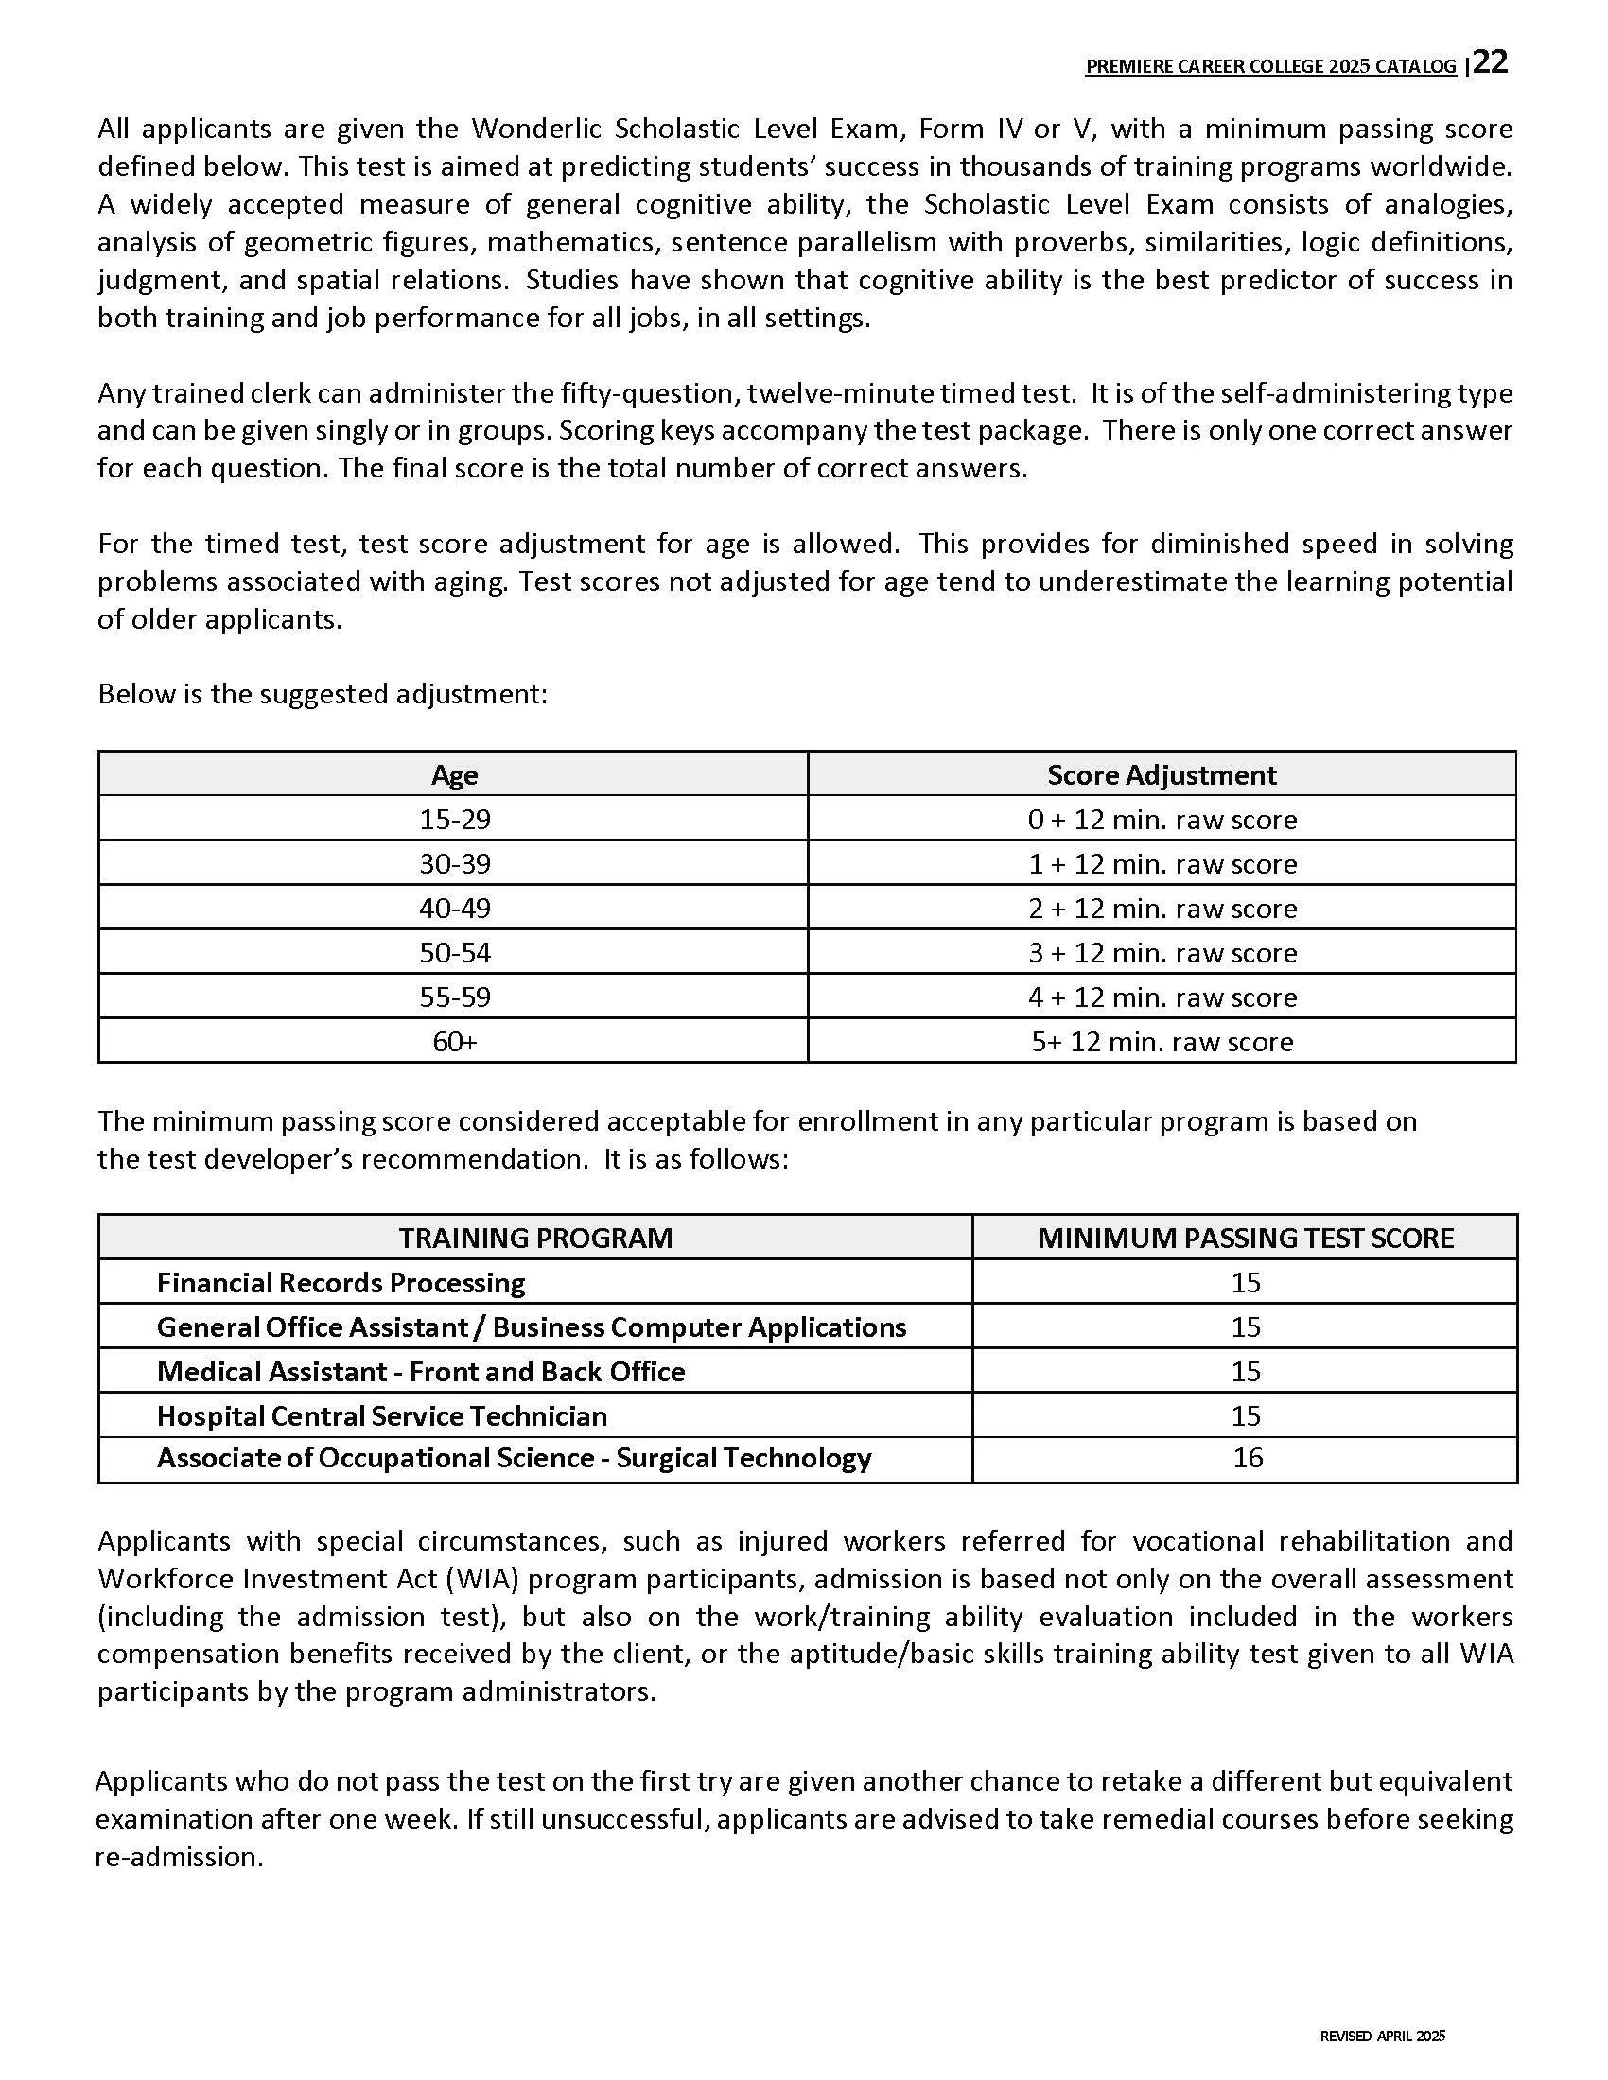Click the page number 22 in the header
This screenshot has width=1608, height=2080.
(x=1492, y=62)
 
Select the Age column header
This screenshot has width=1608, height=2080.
(x=454, y=775)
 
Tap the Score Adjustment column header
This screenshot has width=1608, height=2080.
(x=1162, y=775)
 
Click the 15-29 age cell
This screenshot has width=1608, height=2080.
(x=454, y=820)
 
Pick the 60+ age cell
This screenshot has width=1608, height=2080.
(x=454, y=1042)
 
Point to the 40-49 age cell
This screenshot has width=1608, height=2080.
(x=454, y=909)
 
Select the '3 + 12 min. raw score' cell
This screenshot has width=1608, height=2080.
(x=1162, y=953)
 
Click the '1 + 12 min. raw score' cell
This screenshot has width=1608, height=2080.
(x=1162, y=865)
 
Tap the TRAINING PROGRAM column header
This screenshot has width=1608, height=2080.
(x=535, y=1239)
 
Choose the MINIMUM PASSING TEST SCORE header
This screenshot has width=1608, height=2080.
(x=1245, y=1239)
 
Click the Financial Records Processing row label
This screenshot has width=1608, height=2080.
(x=341, y=1283)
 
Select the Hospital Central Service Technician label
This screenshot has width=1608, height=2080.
(x=382, y=1416)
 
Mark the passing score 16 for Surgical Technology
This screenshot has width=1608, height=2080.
(x=1247, y=1458)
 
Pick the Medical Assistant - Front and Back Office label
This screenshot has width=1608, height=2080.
(x=421, y=1372)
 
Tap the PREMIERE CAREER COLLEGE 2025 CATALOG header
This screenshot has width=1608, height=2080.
(x=1270, y=67)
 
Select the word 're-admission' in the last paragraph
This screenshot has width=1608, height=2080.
(x=178, y=1857)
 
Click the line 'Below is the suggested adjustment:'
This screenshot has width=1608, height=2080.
(x=322, y=694)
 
